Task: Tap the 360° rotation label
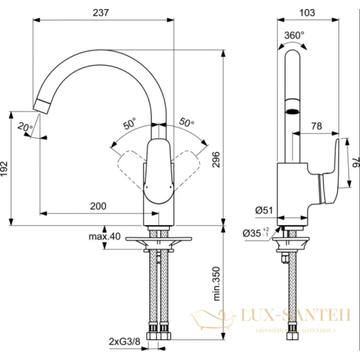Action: click(x=295, y=35)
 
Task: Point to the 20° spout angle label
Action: click(x=25, y=127)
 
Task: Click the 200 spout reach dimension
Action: click(x=98, y=206)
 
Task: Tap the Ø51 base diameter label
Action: click(x=264, y=210)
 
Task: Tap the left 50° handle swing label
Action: click(x=130, y=125)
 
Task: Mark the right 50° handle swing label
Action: click(x=187, y=122)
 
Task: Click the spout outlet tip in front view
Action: click(x=43, y=106)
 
